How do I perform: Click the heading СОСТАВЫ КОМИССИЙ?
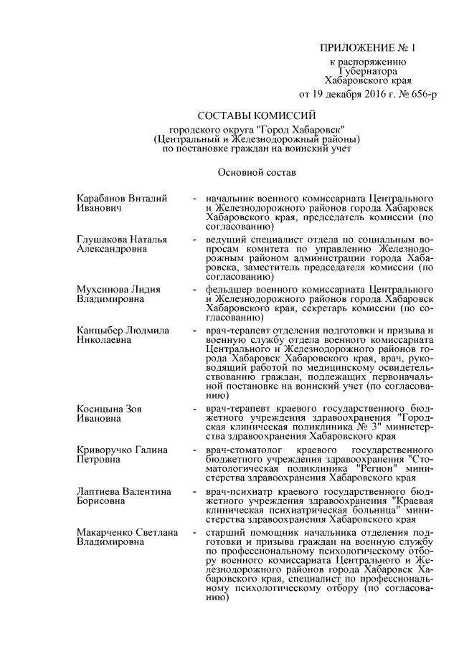point(257,115)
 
